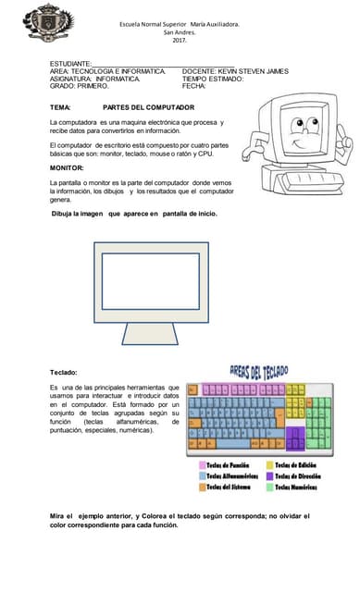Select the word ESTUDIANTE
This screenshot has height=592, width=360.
tap(70, 63)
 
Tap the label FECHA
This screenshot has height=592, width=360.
tap(194, 86)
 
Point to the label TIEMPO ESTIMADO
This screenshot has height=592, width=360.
tap(213, 79)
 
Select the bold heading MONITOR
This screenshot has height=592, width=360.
tap(67, 168)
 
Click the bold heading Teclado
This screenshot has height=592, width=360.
tap(64, 372)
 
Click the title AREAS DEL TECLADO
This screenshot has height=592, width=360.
tap(258, 373)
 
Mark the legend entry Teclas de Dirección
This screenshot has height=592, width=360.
tap(297, 475)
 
